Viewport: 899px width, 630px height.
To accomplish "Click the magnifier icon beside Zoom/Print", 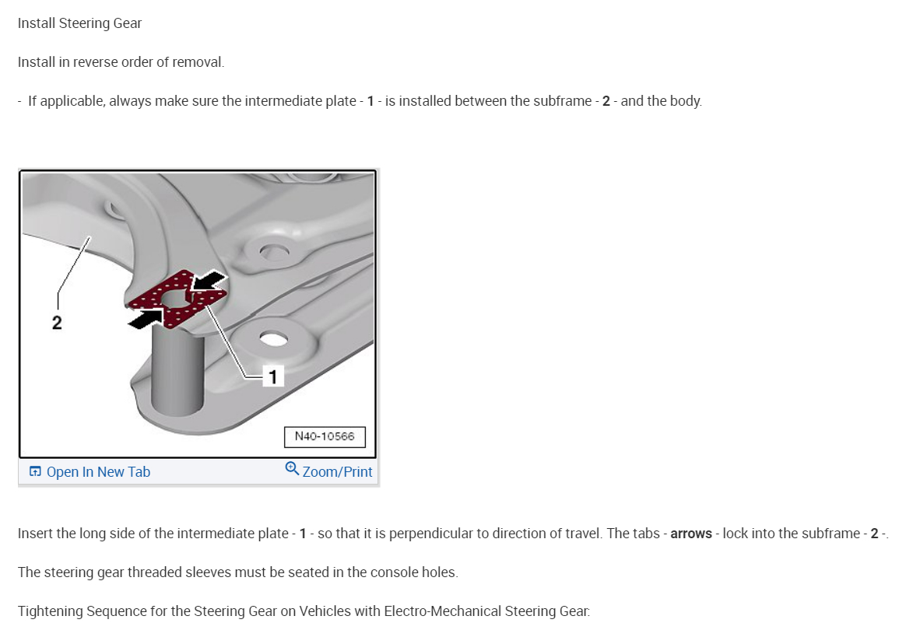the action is tap(292, 468).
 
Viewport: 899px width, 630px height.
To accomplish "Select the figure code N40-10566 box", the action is tap(325, 436).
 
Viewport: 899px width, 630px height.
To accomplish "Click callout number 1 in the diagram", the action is tap(273, 376).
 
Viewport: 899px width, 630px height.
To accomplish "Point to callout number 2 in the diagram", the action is tap(57, 323).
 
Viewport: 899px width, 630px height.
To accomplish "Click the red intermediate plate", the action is tap(177, 299).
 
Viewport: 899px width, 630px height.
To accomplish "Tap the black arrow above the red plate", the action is tap(208, 282).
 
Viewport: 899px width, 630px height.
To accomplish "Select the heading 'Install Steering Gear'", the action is tap(79, 23).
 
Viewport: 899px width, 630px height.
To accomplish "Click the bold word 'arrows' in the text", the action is tap(691, 534).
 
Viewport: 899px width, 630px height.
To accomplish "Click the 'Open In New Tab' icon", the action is tap(36, 471).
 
